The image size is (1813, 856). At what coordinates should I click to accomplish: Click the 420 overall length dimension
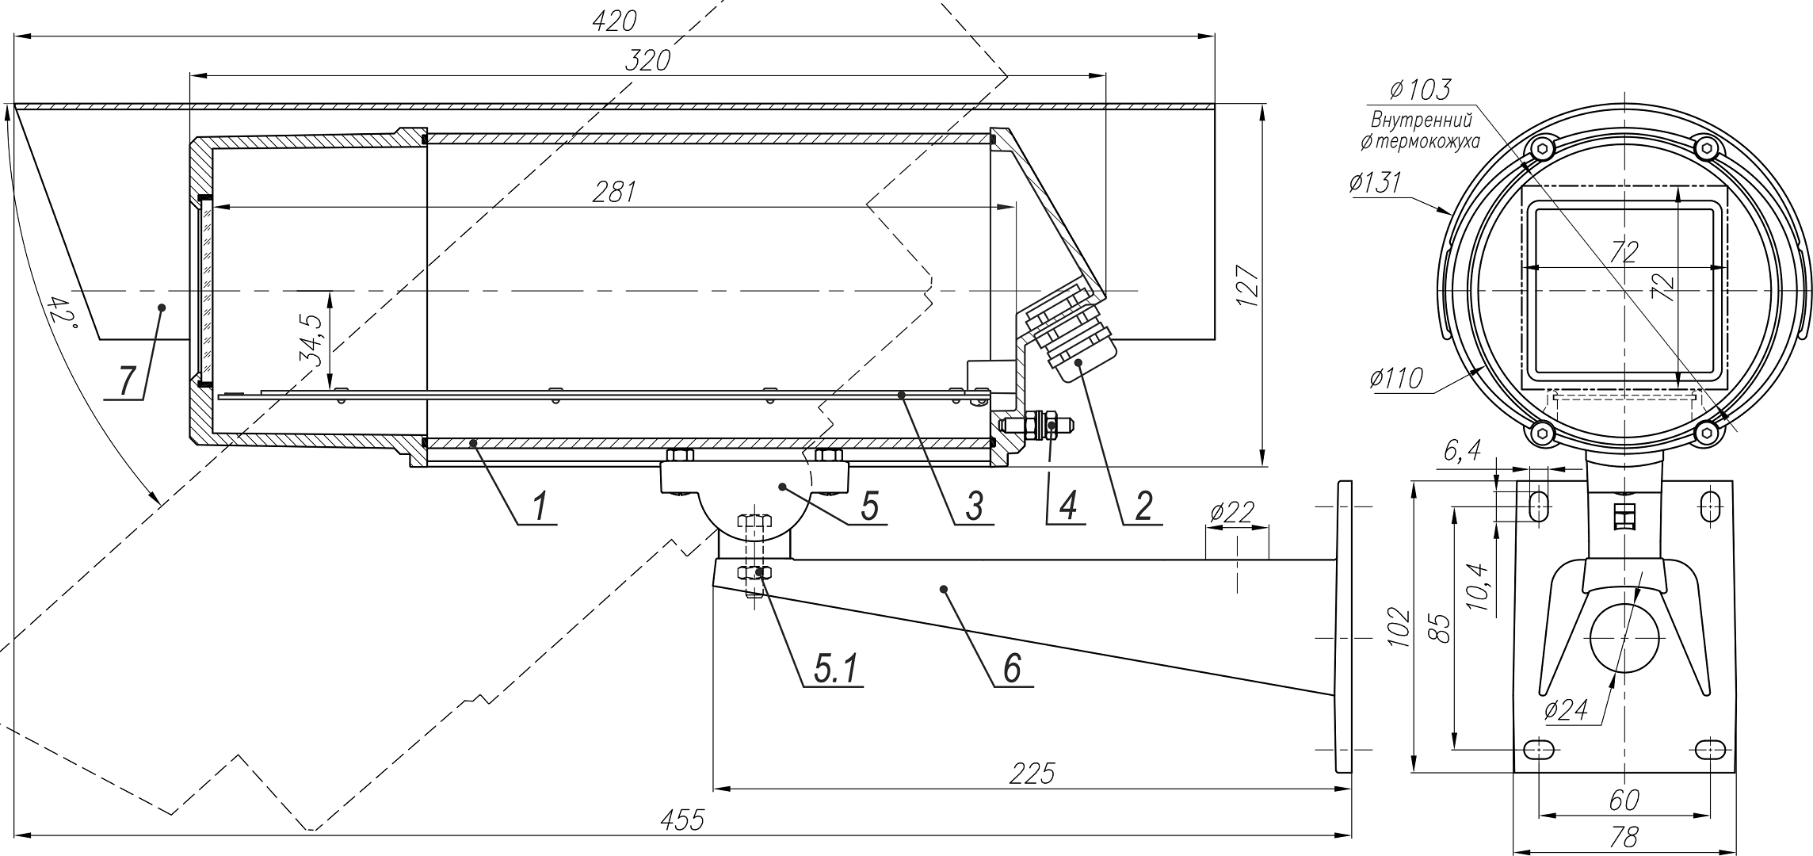[x=614, y=21]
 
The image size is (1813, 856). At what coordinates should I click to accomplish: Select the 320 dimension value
[x=647, y=61]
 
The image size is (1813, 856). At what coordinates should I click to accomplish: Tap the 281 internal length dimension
[x=614, y=193]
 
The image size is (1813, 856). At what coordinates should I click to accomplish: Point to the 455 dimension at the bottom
[x=682, y=820]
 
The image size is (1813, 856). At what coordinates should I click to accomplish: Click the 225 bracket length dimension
[x=1032, y=774]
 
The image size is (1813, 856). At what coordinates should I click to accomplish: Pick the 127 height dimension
[x=1247, y=285]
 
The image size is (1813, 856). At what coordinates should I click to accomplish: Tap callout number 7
[x=127, y=381]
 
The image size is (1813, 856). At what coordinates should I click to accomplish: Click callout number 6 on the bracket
[x=1012, y=668]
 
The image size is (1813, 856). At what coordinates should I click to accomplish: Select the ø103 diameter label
[x=1420, y=90]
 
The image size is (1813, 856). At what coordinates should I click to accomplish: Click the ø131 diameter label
[x=1374, y=184]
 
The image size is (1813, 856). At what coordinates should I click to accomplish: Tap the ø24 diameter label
[x=1565, y=709]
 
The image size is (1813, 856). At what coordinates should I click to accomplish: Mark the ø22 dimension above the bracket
[x=1231, y=514]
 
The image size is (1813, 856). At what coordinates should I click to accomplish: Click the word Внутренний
[x=1421, y=121]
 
